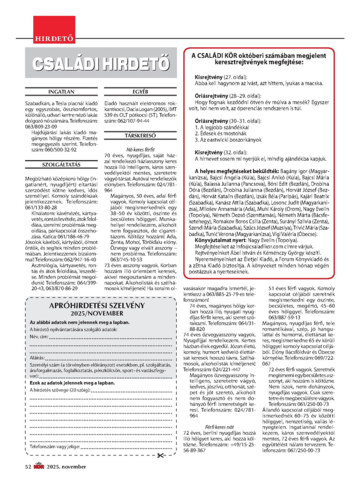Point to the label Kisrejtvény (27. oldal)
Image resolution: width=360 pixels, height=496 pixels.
pos(221,77)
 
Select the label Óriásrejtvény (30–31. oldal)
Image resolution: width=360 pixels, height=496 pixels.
pos(223,121)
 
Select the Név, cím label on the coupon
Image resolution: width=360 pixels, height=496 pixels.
pos(39,337)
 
